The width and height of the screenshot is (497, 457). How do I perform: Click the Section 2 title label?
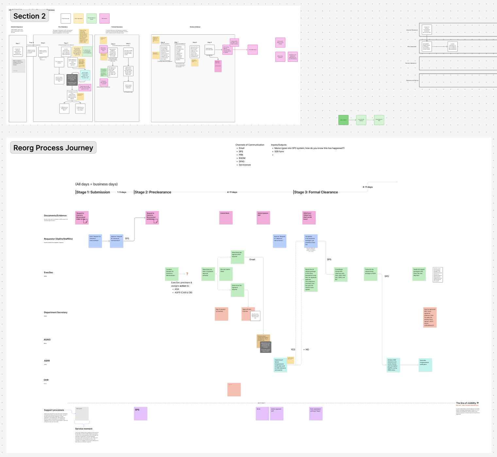click(x=29, y=16)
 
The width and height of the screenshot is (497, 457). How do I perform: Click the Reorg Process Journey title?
click(x=53, y=148)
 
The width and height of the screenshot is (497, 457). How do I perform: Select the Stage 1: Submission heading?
click(x=93, y=192)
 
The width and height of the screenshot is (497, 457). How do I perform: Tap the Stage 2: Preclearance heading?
click(x=153, y=192)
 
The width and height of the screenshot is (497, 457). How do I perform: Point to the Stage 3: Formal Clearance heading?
click(x=316, y=192)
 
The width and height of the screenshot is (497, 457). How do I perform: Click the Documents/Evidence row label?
click(x=55, y=216)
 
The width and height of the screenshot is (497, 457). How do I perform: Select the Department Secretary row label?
click(x=56, y=313)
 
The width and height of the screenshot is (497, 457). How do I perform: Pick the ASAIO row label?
click(x=47, y=340)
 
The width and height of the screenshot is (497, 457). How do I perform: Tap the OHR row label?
click(x=46, y=380)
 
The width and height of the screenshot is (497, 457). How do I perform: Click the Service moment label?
click(x=84, y=429)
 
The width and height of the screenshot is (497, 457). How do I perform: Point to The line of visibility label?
click(x=466, y=403)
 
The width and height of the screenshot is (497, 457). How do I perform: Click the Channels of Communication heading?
click(x=250, y=145)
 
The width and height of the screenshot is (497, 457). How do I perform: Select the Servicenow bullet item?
click(x=245, y=165)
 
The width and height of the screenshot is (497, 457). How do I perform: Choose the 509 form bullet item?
click(x=279, y=152)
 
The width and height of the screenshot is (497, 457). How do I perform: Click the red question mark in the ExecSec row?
click(x=187, y=274)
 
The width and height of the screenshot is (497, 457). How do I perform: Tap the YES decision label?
click(x=293, y=349)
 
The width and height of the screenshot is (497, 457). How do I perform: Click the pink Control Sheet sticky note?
click(x=226, y=218)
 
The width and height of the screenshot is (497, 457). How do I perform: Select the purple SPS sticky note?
click(x=141, y=414)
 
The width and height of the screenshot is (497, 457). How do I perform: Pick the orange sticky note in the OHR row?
click(x=234, y=389)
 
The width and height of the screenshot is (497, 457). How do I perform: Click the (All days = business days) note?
click(x=96, y=184)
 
